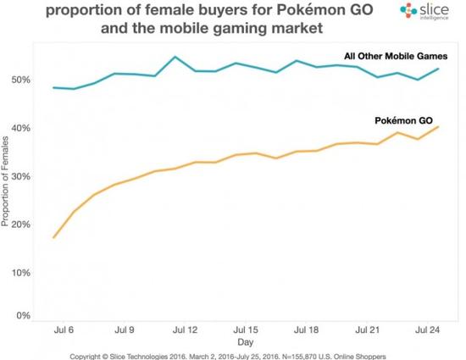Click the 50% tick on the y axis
click(x=19, y=80)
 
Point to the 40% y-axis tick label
click(x=19, y=128)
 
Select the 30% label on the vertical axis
click(x=19, y=176)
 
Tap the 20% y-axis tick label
click(x=19, y=224)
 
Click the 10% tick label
click(x=19, y=272)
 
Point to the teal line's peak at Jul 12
click(x=175, y=57)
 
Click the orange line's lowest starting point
click(x=53, y=238)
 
